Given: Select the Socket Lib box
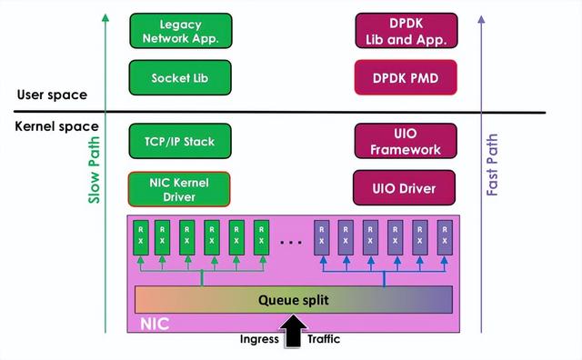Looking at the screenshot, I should click(180, 78).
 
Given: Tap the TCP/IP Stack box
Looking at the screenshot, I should click(180, 141).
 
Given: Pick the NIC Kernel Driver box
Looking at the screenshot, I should click(180, 188).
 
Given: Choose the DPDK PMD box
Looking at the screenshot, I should click(406, 78).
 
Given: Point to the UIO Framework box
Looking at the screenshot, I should click(406, 141).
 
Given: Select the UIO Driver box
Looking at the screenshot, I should click(406, 188).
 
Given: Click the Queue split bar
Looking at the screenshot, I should click(293, 299).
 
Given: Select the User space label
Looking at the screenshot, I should click(52, 95).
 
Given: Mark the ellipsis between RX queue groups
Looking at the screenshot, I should click(292, 243).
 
